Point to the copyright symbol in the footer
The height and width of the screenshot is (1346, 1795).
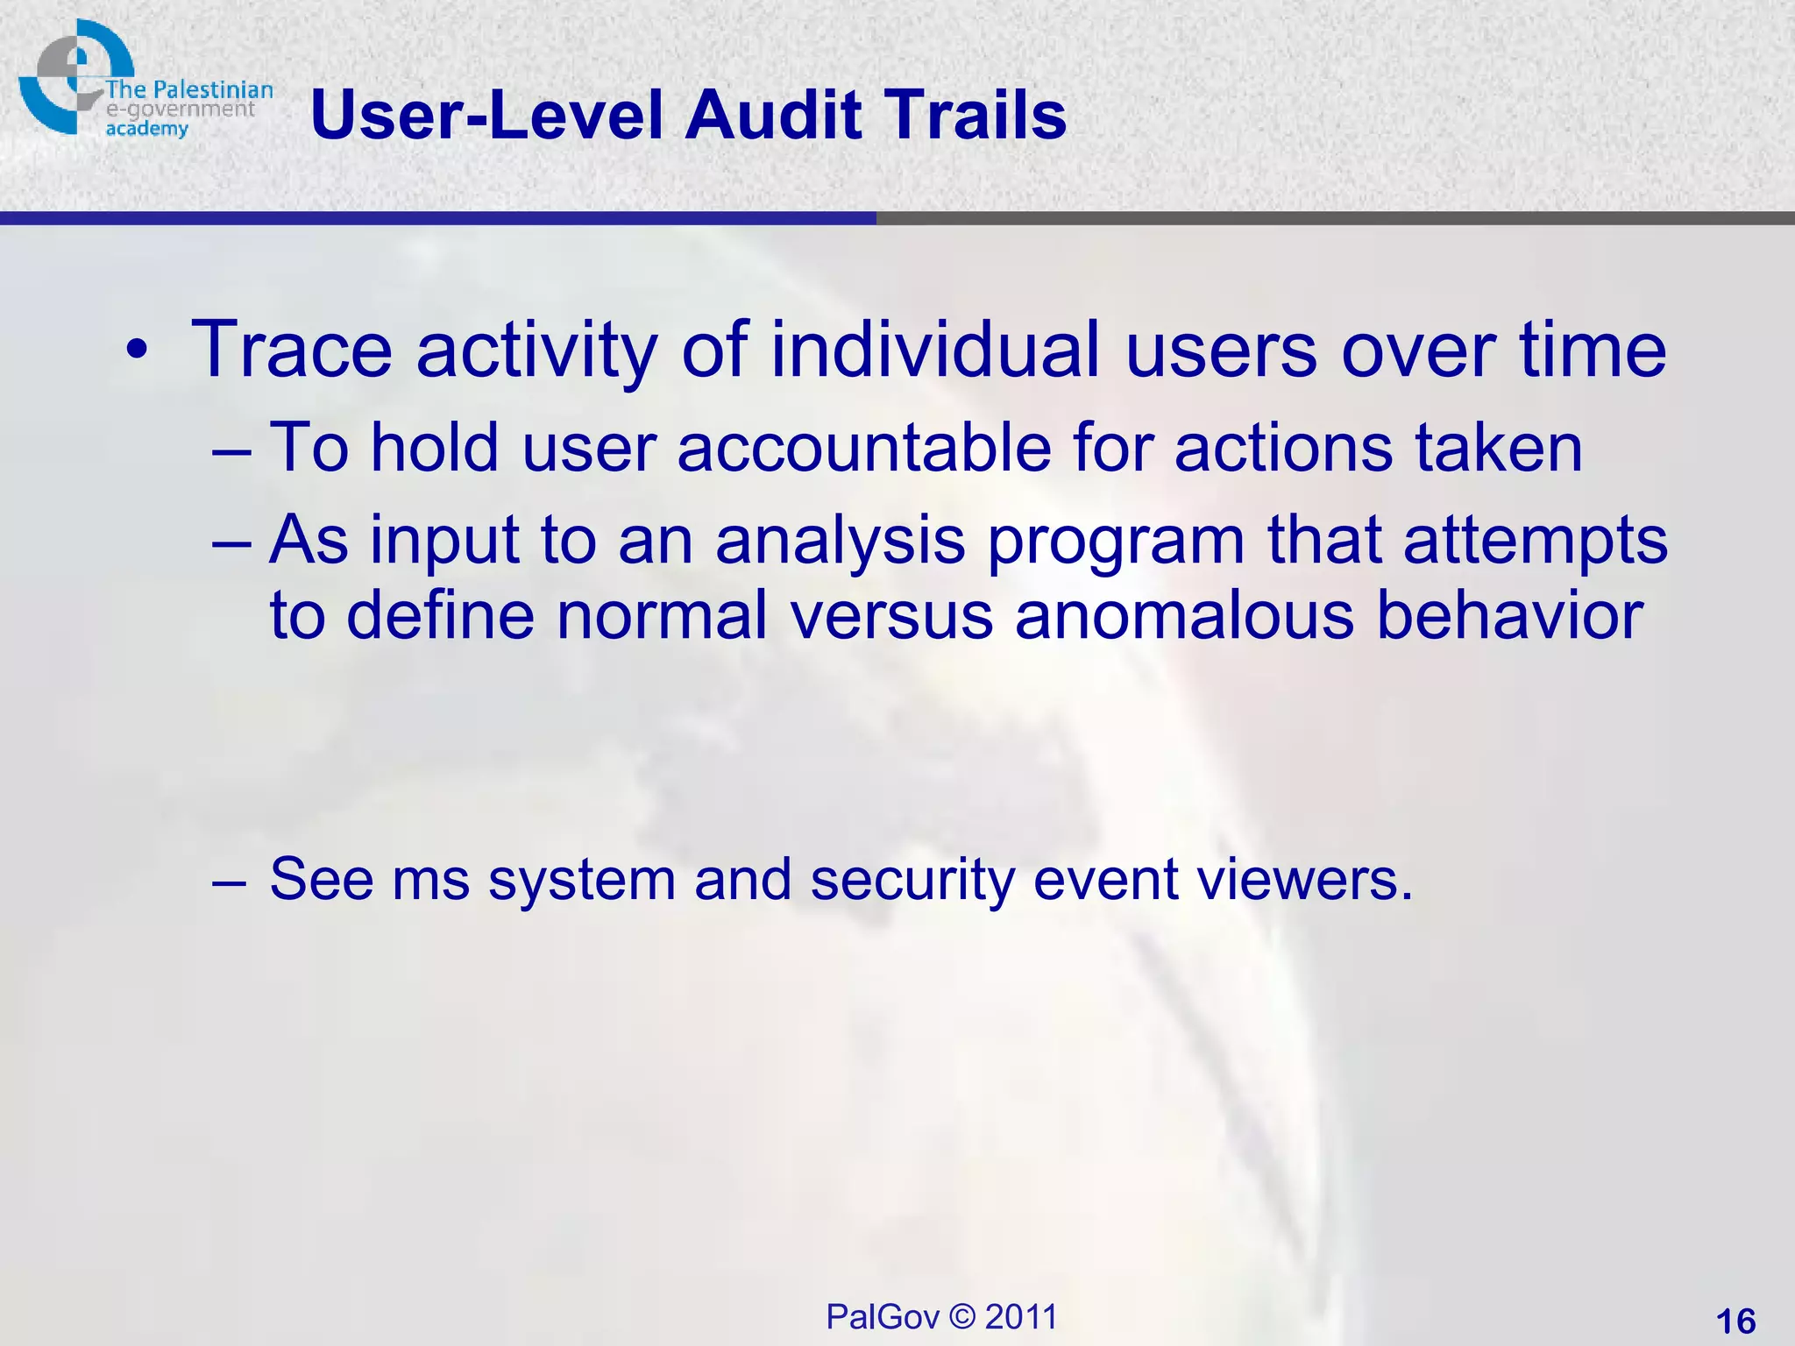point(961,1317)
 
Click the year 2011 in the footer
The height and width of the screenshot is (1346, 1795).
point(1021,1317)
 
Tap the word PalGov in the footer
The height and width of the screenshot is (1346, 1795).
point(883,1317)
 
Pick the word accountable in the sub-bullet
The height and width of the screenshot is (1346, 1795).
point(863,448)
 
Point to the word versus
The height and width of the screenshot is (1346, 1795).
point(891,615)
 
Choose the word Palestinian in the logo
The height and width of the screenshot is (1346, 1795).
point(213,89)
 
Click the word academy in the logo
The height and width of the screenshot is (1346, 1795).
point(146,130)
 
